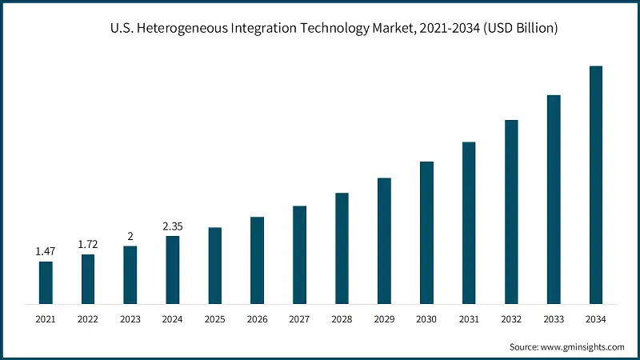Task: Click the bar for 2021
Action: click(46, 282)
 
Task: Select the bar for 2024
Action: click(173, 270)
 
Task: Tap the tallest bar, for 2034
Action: click(596, 185)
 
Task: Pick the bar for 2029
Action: click(384, 241)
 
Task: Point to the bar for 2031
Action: click(469, 223)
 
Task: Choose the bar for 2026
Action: click(257, 260)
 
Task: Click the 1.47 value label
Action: click(46, 252)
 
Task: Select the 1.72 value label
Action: click(88, 242)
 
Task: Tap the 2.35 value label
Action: click(173, 226)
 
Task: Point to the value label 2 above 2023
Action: click(130, 236)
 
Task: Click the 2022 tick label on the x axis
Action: click(88, 319)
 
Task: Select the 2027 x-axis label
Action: click(299, 319)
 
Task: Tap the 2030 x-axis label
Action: click(426, 319)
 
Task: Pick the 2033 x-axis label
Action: click(554, 319)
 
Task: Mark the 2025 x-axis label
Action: click(214, 319)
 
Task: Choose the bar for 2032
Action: click(511, 212)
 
